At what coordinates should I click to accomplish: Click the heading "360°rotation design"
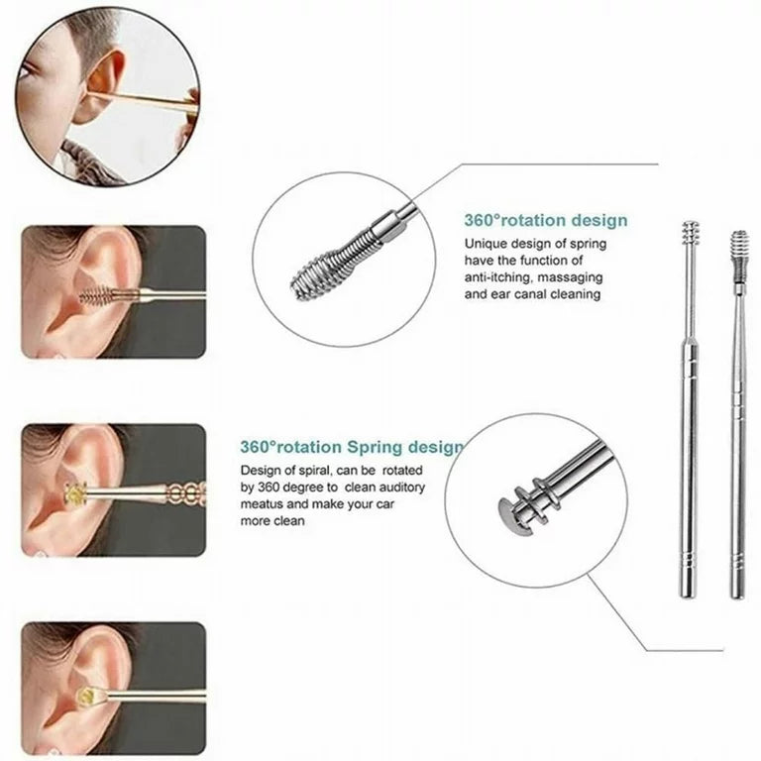tap(545, 221)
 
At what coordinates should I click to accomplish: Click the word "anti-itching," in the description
tap(501, 277)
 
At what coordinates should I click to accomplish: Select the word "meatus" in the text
tap(263, 503)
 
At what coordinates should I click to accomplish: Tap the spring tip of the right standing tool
tap(736, 247)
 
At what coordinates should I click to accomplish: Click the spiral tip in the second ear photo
tap(97, 295)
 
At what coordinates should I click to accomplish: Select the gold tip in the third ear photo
tap(74, 493)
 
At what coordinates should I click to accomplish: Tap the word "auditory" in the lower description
tap(422, 487)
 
